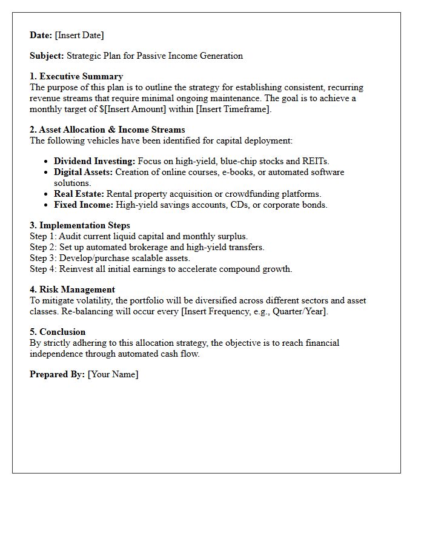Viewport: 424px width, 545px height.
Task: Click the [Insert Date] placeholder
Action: (x=79, y=35)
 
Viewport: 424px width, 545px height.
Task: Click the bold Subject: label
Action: (x=47, y=56)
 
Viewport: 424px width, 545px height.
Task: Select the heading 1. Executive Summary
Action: (x=76, y=76)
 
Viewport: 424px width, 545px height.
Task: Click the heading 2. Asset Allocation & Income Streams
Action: (x=107, y=130)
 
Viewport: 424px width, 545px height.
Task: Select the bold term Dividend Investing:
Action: (x=94, y=161)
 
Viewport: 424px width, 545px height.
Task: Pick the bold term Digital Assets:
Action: (x=83, y=172)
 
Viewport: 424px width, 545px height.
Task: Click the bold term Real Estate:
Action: (x=79, y=194)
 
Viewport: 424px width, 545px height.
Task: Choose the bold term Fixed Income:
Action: (x=84, y=205)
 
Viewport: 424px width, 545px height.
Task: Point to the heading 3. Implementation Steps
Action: (x=80, y=225)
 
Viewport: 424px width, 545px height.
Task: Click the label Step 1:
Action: (x=43, y=236)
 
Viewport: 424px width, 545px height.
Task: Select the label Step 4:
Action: (x=43, y=269)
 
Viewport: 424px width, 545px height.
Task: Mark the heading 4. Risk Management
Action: (x=72, y=289)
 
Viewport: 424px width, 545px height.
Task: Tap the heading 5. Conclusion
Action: (x=58, y=332)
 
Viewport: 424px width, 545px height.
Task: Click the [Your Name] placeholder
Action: (x=113, y=374)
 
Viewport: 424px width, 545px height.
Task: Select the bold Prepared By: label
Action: (x=57, y=374)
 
